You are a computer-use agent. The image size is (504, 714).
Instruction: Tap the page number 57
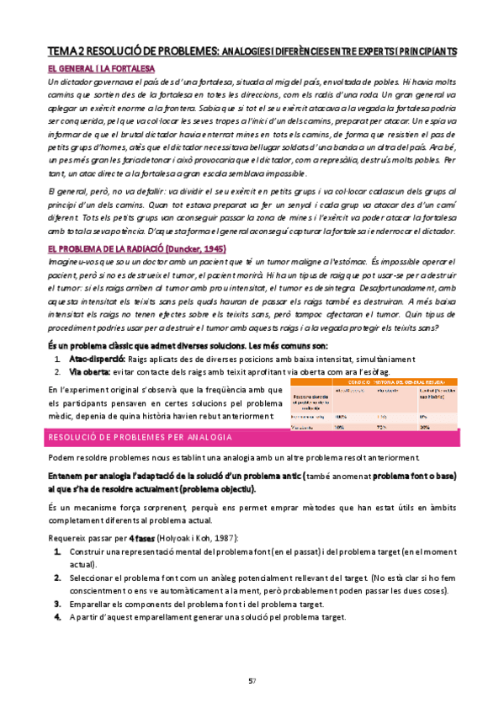(x=251, y=681)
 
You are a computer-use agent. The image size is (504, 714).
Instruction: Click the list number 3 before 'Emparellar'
(x=58, y=603)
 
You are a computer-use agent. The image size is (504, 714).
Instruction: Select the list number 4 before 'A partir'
(x=58, y=616)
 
